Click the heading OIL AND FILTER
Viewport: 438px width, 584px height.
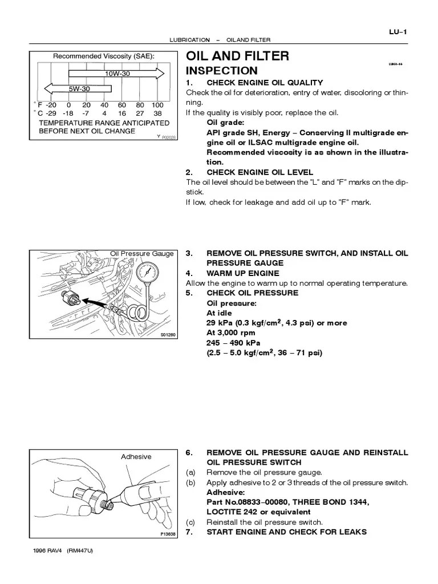237,56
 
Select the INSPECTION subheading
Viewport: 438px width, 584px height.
222,71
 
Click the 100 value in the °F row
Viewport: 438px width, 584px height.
157,105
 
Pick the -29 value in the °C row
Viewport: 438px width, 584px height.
52,113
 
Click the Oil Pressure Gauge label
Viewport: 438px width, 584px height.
141,253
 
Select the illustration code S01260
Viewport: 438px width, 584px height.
168,335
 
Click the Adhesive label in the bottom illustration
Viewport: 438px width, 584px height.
136,456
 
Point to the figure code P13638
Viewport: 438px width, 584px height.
168,534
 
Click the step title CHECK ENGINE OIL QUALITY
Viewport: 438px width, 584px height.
265,83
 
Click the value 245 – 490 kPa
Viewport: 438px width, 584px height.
233,343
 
